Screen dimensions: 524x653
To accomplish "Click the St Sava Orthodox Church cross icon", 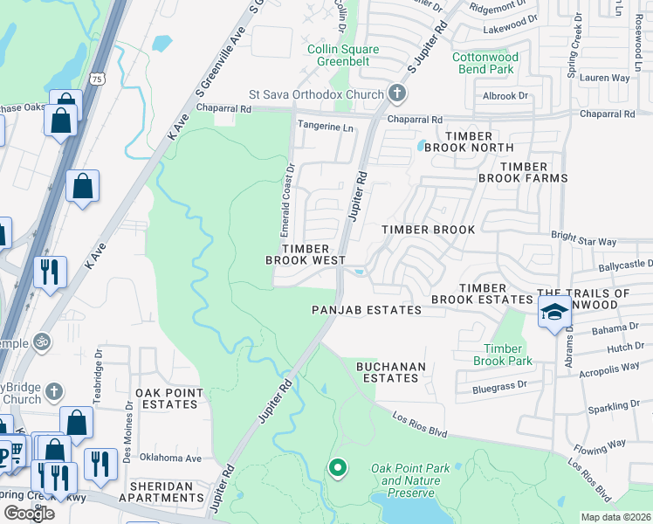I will (396, 94).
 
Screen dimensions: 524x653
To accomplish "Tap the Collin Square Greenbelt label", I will (339, 55).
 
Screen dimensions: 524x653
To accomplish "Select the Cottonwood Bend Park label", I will (485, 63).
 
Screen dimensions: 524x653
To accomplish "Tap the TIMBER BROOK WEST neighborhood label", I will (306, 254).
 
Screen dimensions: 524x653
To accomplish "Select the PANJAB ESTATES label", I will (367, 310).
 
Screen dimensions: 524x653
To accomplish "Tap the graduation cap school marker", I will (553, 312).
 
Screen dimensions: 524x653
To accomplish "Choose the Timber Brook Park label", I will (503, 355).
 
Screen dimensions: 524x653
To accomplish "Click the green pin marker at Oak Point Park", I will (338, 469).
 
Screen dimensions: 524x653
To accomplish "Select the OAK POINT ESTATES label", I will (168, 399).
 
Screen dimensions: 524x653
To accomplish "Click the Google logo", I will (28, 513).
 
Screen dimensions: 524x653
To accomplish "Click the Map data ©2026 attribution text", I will (615, 517).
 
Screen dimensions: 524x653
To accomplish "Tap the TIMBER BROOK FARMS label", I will (523, 172).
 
